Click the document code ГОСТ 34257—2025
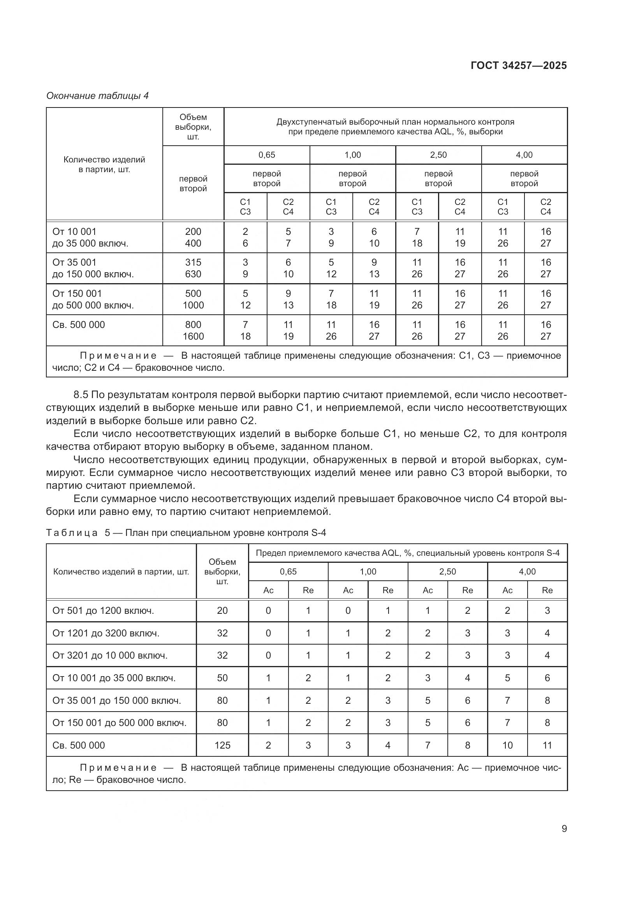pyautogui.click(x=518, y=65)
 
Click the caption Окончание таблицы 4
pyautogui.click(x=97, y=96)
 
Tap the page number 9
pyautogui.click(x=564, y=828)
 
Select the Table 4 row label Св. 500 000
pyautogui.click(x=79, y=324)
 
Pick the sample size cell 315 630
pyautogui.click(x=193, y=268)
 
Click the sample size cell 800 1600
pyautogui.click(x=193, y=330)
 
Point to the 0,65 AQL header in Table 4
pyautogui.click(x=266, y=155)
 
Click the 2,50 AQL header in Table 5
pyautogui.click(x=447, y=571)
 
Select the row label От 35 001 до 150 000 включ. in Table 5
pyautogui.click(x=116, y=700)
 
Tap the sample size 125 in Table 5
pyautogui.click(x=222, y=745)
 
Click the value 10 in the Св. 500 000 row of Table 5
pyautogui.click(x=507, y=745)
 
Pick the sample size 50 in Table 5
pyautogui.click(x=222, y=678)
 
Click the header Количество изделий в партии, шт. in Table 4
pyautogui.click(x=104, y=164)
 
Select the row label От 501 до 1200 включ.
pyautogui.click(x=103, y=610)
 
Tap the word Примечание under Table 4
pyautogui.click(x=118, y=356)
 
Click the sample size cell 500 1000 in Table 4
pyautogui.click(x=193, y=299)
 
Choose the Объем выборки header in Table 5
pyautogui.click(x=222, y=571)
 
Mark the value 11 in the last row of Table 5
pyautogui.click(x=547, y=745)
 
